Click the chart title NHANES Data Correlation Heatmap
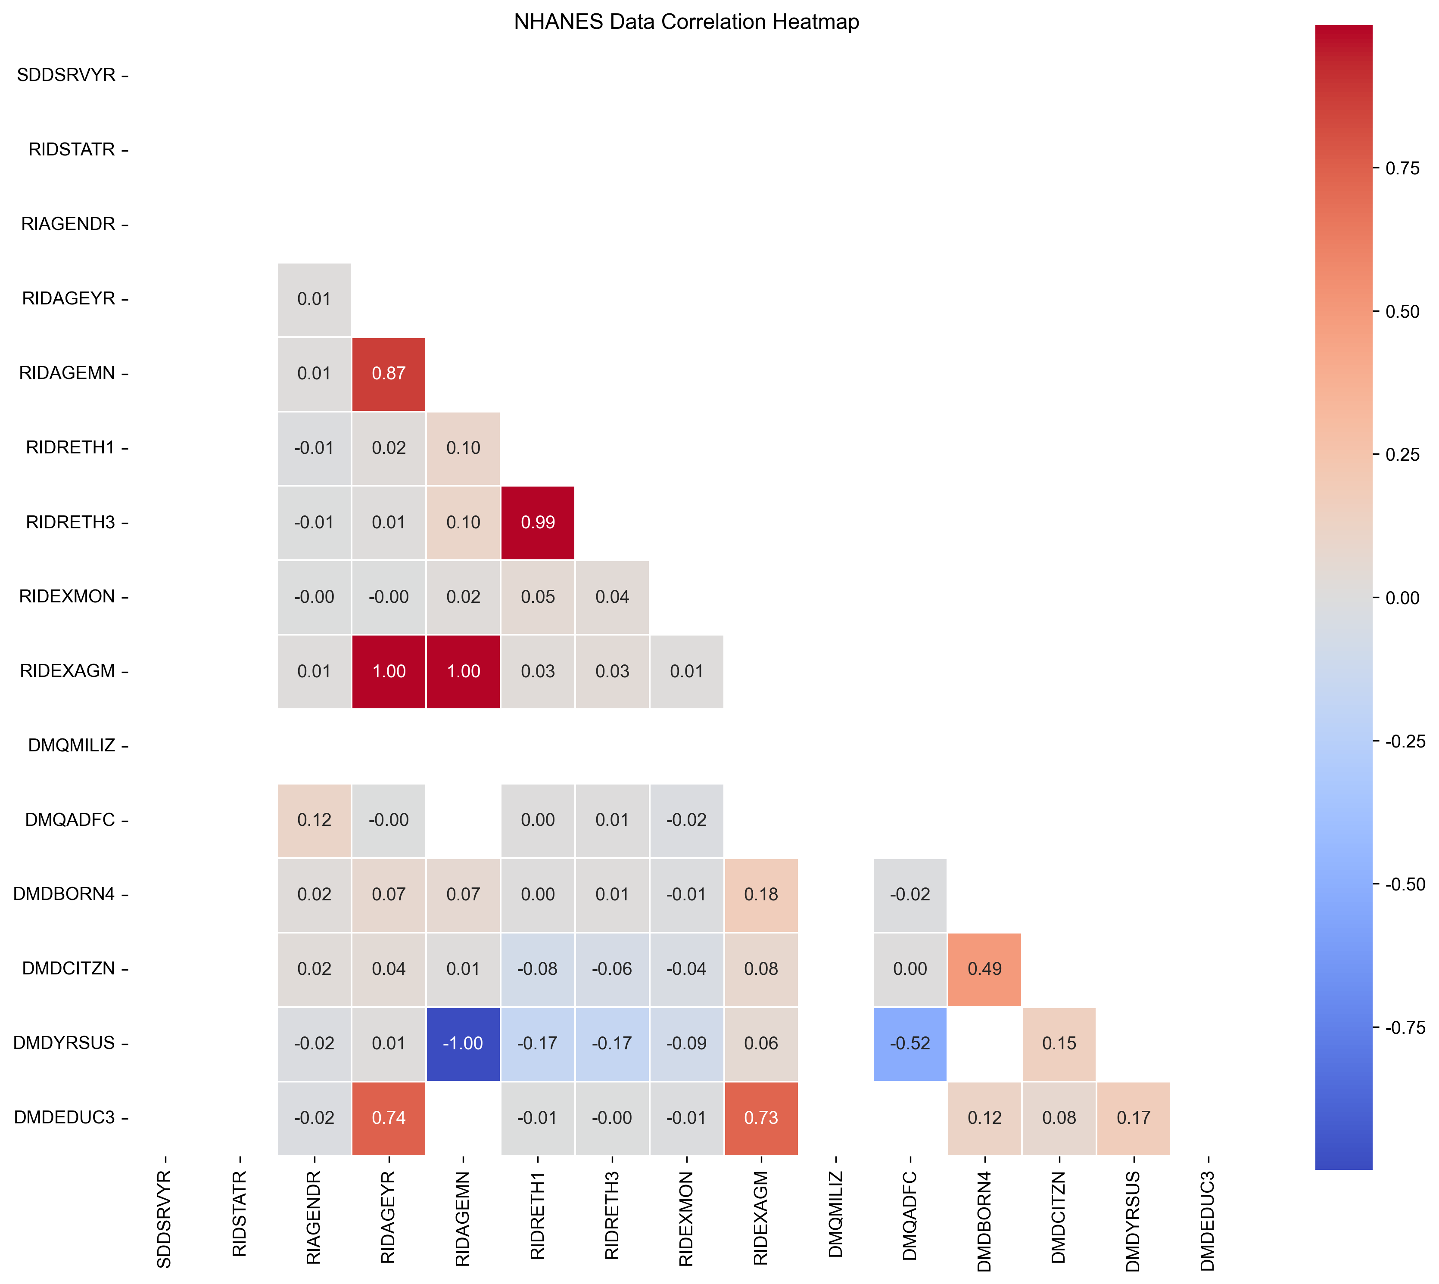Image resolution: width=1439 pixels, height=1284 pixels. pyautogui.click(x=686, y=22)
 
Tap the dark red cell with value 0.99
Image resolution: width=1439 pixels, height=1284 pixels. pyautogui.click(x=538, y=522)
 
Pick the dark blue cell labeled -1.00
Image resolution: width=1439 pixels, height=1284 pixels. pyautogui.click(x=463, y=1043)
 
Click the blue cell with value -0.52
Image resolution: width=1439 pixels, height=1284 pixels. pyautogui.click(x=909, y=1043)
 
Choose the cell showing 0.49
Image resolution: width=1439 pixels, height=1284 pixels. pyautogui.click(x=984, y=969)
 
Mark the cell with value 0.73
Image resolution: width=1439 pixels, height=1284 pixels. pyautogui.click(x=761, y=1117)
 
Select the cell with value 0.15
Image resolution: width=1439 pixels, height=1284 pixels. pyautogui.click(x=1059, y=1043)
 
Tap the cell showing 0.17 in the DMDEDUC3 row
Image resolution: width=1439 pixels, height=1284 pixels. pyautogui.click(x=1134, y=1117)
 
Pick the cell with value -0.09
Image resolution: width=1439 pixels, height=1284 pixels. pyautogui.click(x=686, y=1043)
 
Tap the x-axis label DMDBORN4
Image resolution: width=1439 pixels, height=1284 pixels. pyautogui.click(x=984, y=1221)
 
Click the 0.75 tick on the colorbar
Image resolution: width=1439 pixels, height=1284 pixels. pyautogui.click(x=1402, y=168)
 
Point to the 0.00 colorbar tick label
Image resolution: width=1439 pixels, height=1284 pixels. pyautogui.click(x=1402, y=598)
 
